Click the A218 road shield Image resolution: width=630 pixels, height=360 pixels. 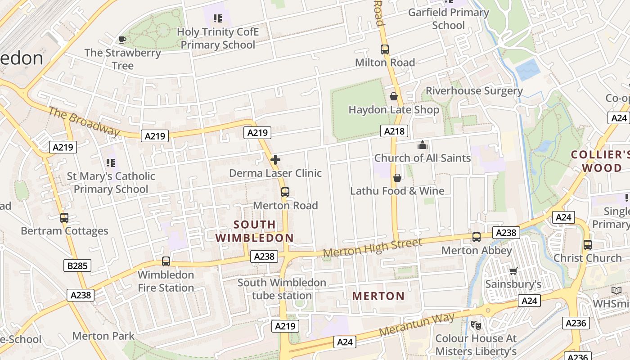click(x=395, y=131)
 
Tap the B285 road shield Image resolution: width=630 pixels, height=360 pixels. click(x=77, y=266)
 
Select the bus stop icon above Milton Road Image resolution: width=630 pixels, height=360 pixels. click(x=384, y=49)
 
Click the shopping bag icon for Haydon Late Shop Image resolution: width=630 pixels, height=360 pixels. click(x=394, y=96)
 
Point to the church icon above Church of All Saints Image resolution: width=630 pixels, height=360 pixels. click(x=422, y=145)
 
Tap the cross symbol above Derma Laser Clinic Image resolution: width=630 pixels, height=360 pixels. click(x=275, y=160)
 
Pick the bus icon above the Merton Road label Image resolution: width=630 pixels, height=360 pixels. click(x=285, y=192)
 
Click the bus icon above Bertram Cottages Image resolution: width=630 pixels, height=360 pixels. click(x=64, y=218)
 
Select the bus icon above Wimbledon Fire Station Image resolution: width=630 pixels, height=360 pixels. click(x=166, y=261)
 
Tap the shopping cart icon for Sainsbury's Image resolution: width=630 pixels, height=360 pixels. click(x=513, y=271)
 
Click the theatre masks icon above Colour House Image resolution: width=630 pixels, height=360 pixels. click(x=476, y=325)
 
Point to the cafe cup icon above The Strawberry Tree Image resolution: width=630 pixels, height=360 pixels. click(x=122, y=40)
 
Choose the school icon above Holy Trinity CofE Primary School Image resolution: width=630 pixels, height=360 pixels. click(x=218, y=18)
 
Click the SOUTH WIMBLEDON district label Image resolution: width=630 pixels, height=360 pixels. click(x=254, y=231)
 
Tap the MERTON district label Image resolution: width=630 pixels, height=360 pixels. click(x=378, y=296)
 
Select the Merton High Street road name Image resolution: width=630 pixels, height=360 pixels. click(x=373, y=248)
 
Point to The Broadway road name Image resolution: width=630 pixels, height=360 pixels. click(x=84, y=121)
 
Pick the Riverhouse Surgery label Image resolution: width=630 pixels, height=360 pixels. click(x=474, y=91)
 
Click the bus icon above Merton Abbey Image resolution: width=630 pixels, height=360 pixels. click(x=477, y=237)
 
